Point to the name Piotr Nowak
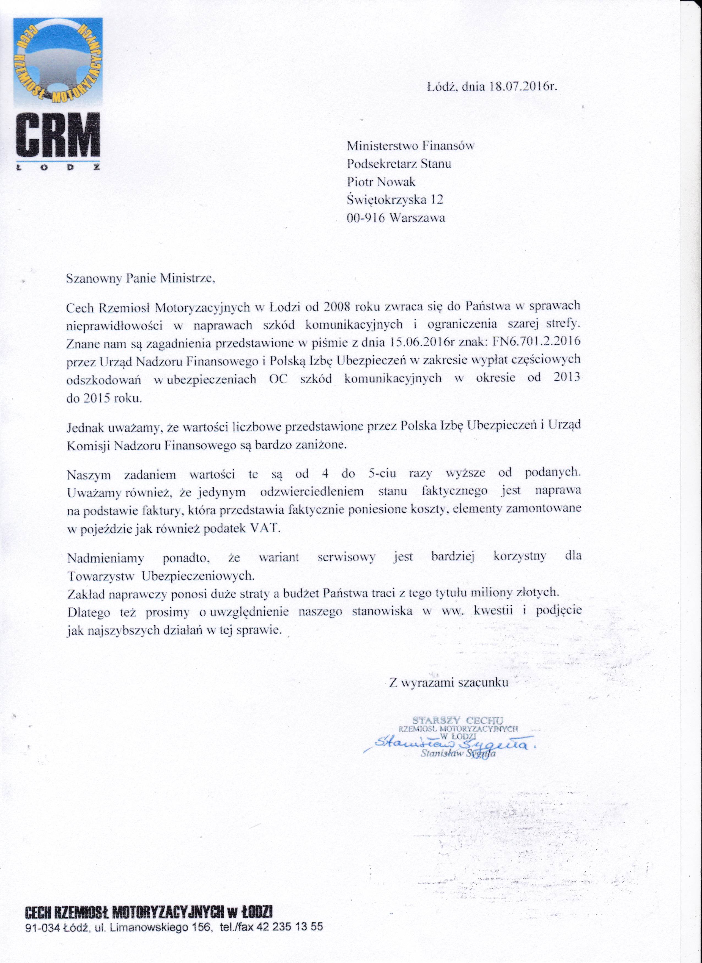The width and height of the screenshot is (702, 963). [x=381, y=182]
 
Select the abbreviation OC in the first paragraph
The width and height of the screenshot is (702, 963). [x=278, y=379]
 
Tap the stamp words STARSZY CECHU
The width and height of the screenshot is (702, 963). [x=458, y=720]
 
